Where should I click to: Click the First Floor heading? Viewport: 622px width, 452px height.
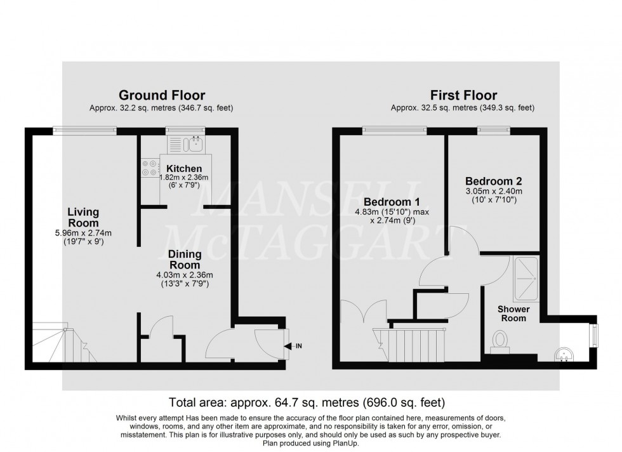[463, 96]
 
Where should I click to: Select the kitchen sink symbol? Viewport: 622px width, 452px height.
[195, 145]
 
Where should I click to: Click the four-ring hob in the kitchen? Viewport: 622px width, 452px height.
[150, 167]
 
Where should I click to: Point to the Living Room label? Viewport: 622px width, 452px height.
[84, 218]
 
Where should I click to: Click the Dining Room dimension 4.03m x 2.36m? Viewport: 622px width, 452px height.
[184, 274]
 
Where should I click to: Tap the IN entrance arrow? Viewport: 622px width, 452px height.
[293, 346]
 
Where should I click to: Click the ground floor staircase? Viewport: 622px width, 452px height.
[58, 344]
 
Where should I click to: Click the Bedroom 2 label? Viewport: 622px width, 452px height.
[493, 180]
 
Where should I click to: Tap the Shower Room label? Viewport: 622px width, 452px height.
[513, 314]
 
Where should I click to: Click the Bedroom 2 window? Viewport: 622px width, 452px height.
[493, 130]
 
